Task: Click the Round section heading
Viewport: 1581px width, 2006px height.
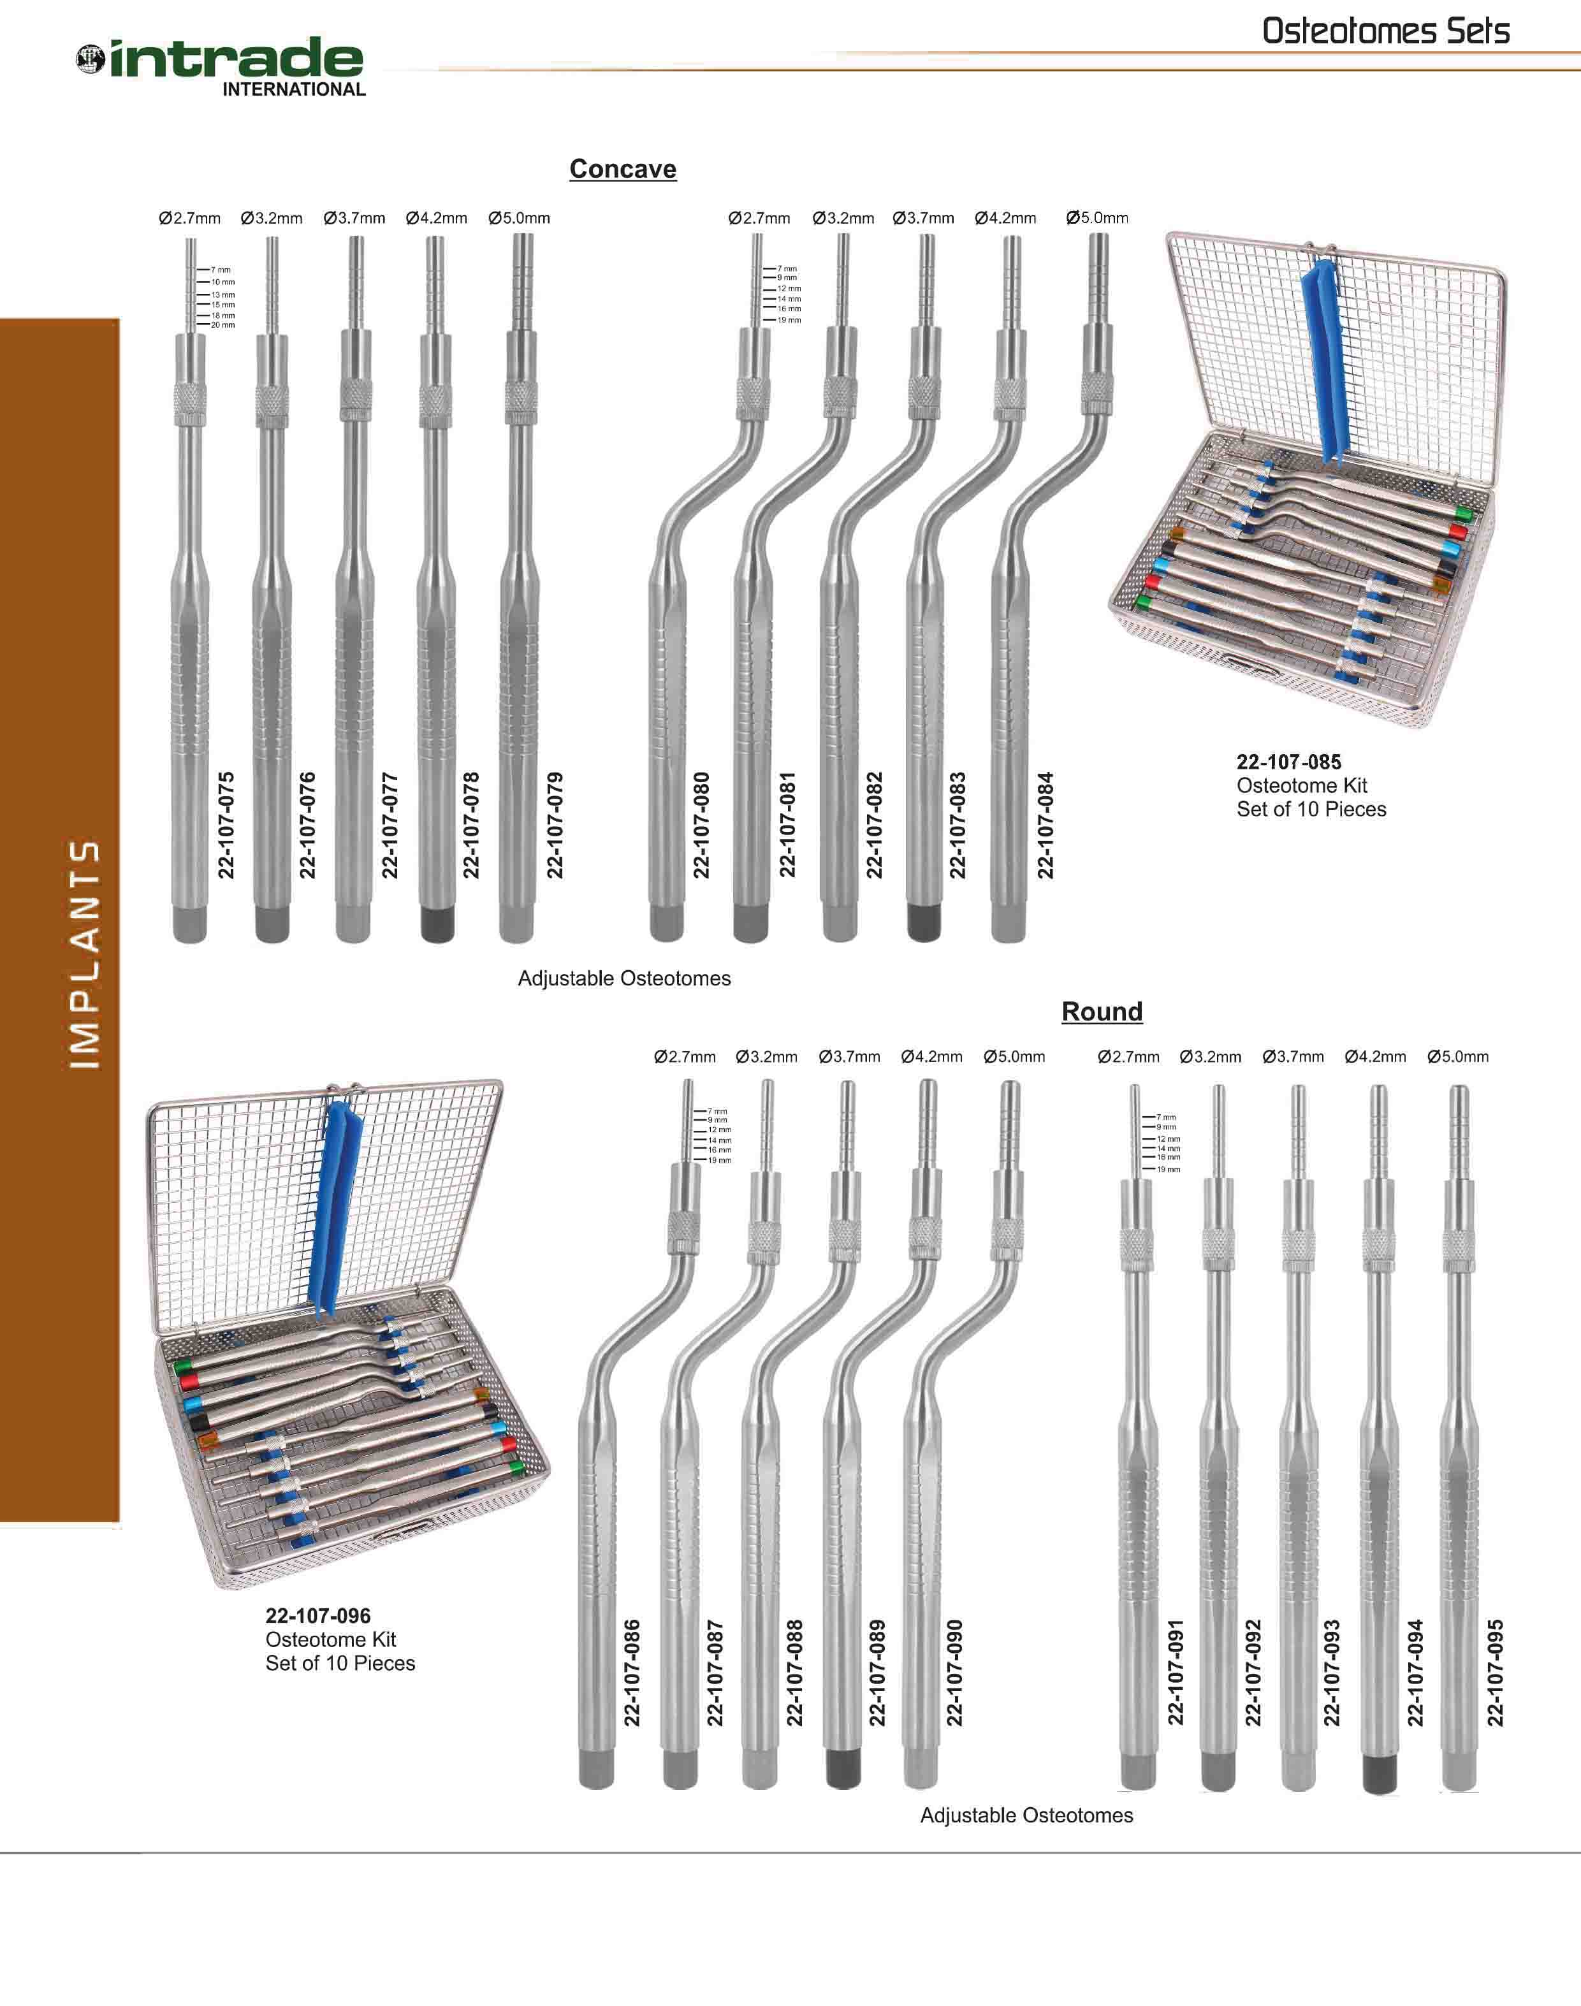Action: coord(1102,1012)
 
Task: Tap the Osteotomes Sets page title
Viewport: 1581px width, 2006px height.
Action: coord(1386,31)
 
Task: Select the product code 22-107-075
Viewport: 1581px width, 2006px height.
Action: coord(226,825)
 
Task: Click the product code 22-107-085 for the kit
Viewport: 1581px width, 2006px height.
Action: coord(1288,762)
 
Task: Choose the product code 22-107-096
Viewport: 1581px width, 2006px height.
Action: coord(317,1615)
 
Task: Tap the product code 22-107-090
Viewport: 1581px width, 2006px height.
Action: coord(954,1673)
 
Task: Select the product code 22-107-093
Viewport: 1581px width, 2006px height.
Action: coord(1331,1673)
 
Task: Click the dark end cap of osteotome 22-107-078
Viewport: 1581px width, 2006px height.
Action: coord(437,924)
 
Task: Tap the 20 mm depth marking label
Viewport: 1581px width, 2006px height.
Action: coord(223,326)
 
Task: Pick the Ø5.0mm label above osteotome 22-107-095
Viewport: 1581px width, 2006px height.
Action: coord(1458,1057)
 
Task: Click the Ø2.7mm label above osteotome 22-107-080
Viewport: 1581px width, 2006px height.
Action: coord(759,219)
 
